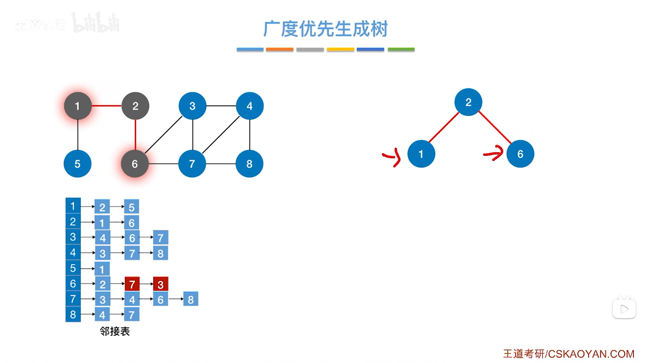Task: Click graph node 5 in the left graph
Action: coord(78,164)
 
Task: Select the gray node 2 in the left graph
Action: coord(135,106)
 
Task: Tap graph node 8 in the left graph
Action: coord(249,164)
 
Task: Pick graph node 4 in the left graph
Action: coord(250,106)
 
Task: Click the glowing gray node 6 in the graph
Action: coord(135,164)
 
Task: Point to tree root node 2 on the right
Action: coord(468,102)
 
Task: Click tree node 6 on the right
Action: coord(520,154)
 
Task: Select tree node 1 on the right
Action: coord(421,154)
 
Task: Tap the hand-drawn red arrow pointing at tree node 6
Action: coord(494,153)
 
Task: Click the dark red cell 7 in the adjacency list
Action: coord(132,284)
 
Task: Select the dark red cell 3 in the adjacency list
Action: coord(160,284)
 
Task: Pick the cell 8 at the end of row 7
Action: coord(190,299)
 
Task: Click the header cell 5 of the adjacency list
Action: coord(73,268)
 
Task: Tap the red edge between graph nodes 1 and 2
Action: coord(106,106)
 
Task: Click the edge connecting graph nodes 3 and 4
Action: coord(221,106)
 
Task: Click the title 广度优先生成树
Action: coord(325,29)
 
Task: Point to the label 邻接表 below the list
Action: coord(115,331)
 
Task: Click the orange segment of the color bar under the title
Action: coord(279,50)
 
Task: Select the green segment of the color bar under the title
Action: coord(401,50)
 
